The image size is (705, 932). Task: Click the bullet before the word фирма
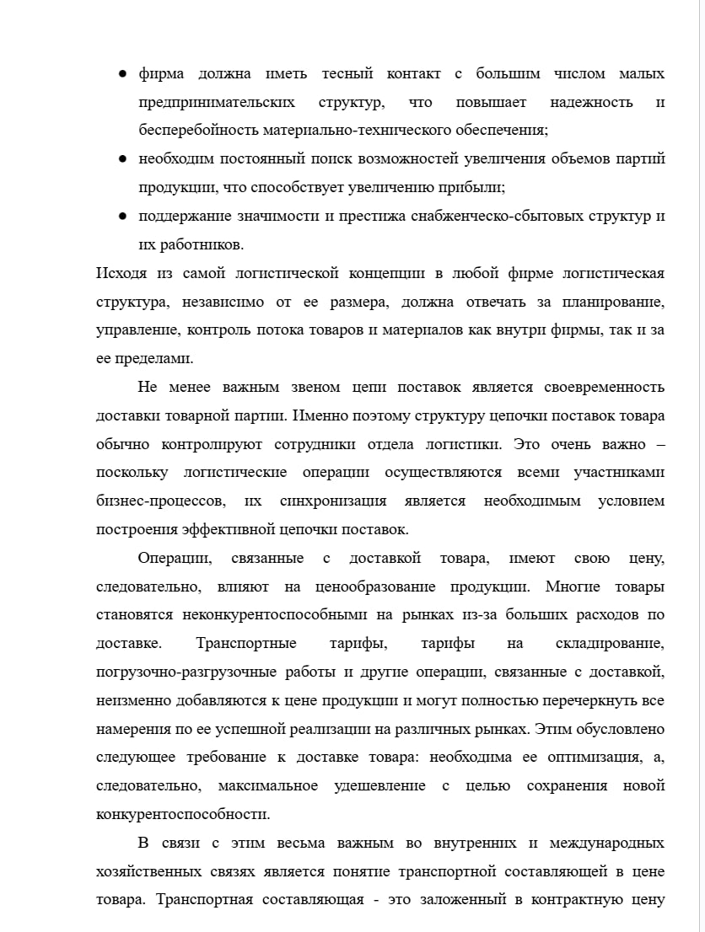pyautogui.click(x=122, y=74)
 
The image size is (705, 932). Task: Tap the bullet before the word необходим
pyautogui.click(x=122, y=158)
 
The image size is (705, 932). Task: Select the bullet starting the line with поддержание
pyautogui.click(x=122, y=217)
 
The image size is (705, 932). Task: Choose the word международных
pyautogui.click(x=606, y=844)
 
